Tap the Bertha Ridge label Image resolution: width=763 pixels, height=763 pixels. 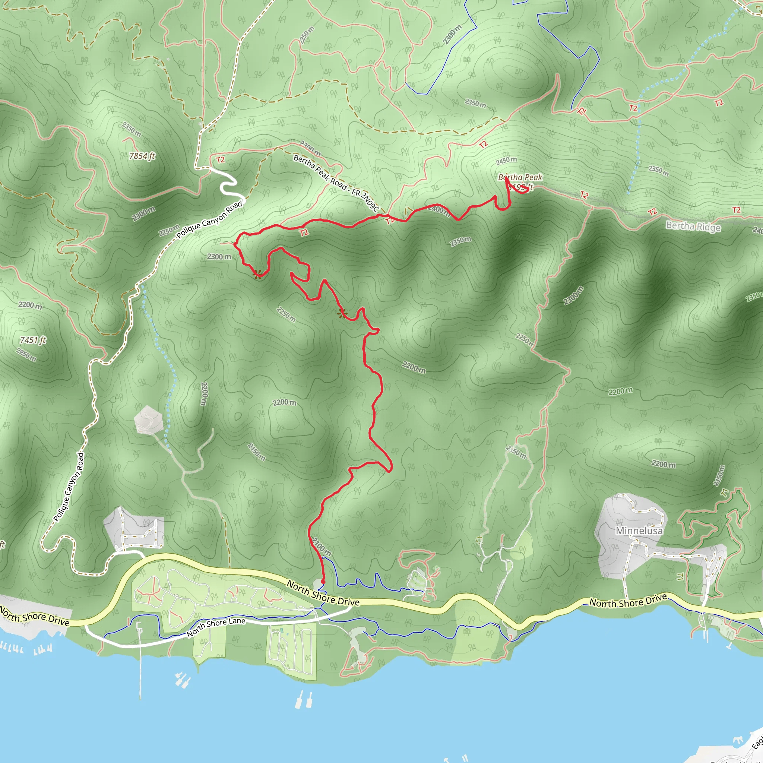(693, 226)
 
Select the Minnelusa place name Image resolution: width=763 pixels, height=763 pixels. (639, 531)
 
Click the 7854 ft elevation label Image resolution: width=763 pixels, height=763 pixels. (142, 156)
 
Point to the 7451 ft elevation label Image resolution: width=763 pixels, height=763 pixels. (33, 340)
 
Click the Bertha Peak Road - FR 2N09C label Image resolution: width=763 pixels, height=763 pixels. (336, 183)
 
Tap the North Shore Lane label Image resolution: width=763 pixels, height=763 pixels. (216, 627)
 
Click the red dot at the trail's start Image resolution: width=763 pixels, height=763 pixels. (323, 582)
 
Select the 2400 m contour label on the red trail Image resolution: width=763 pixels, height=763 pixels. (439, 210)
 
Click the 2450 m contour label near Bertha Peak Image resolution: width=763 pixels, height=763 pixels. (506, 160)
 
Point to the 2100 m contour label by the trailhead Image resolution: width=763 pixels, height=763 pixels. (322, 547)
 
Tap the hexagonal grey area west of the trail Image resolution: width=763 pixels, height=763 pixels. (149, 420)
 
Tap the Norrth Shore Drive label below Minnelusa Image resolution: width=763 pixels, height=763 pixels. (628, 601)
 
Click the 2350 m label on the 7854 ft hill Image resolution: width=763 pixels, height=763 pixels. (132, 129)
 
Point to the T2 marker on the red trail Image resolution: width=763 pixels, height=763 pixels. (304, 232)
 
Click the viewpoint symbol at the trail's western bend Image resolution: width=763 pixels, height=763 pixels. (257, 274)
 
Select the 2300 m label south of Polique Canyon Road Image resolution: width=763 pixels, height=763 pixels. (219, 257)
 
